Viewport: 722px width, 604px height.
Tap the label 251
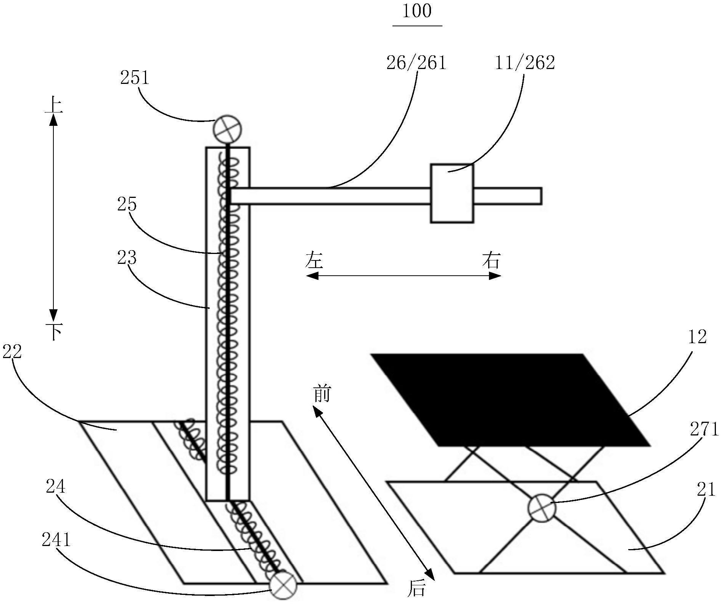point(134,78)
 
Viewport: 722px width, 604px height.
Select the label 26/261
point(416,63)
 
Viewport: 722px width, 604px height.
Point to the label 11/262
point(525,63)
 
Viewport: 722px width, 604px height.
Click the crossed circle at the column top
point(227,130)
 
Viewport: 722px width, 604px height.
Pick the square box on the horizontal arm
point(452,193)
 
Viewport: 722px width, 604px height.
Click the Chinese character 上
point(54,105)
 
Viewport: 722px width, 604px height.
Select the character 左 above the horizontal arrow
point(314,260)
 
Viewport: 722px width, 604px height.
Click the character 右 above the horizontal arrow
point(491,260)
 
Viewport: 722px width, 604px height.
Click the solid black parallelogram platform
point(510,400)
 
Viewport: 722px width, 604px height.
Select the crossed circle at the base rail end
point(283,585)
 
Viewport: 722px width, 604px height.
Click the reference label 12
point(697,337)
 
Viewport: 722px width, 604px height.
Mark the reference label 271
point(704,429)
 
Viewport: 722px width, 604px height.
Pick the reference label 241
point(56,540)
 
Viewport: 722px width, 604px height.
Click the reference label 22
point(12,352)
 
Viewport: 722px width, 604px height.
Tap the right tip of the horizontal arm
point(542,196)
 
